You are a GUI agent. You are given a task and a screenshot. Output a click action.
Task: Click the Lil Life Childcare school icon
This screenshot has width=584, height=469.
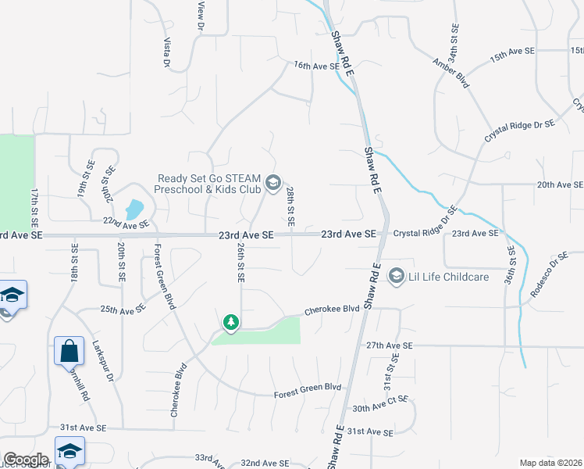coord(397,276)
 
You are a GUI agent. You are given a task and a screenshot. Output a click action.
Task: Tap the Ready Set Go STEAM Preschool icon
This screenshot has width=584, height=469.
coord(272,183)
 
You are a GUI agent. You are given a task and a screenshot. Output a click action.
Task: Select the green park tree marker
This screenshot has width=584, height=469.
coord(230,322)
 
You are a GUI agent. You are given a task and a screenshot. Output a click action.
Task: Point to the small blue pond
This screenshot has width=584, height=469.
coord(134,209)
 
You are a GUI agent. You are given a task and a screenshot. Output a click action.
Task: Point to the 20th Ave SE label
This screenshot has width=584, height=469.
coord(559,184)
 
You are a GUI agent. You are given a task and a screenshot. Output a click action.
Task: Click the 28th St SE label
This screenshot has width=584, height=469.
coord(290,206)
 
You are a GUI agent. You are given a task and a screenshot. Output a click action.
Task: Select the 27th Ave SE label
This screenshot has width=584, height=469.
coord(388,344)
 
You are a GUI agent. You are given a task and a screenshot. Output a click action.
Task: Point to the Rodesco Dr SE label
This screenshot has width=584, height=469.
coord(550,275)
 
